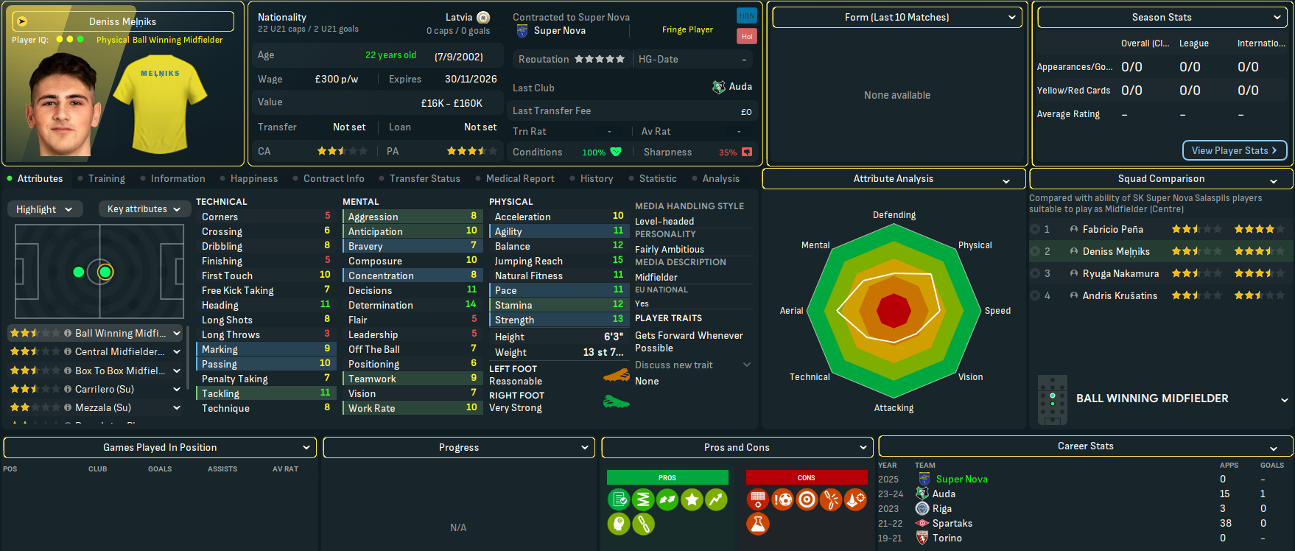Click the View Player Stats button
1235,150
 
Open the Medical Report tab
520,179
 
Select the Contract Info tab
334,179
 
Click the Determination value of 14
471,305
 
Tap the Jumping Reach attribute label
528,261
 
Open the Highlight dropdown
44,209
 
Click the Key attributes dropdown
144,209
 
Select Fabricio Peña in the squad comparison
1112,230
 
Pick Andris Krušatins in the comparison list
1119,296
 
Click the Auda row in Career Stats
944,494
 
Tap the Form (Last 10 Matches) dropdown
896,18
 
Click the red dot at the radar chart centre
894,310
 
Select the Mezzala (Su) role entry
103,407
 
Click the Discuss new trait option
674,365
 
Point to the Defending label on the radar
894,215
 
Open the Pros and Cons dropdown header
737,448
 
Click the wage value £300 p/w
336,80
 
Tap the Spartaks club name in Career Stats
952,524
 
